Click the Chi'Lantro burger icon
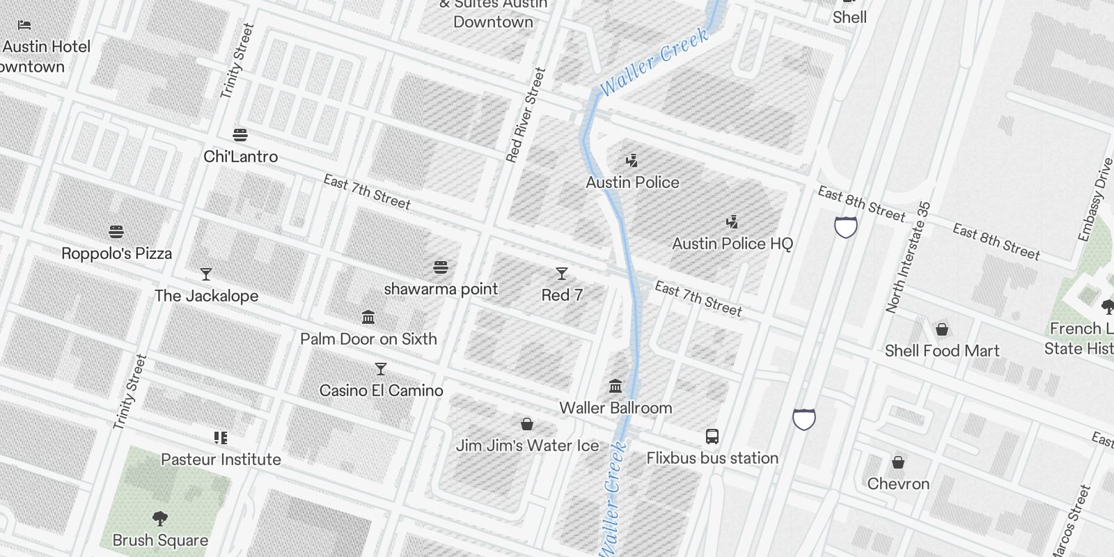tap(240, 134)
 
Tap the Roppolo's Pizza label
tap(117, 253)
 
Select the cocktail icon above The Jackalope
tap(206, 274)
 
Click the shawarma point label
tap(441, 289)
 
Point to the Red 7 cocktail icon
tap(562, 274)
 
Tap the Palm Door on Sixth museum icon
tap(368, 318)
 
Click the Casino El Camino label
tap(381, 391)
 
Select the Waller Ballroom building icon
tap(615, 386)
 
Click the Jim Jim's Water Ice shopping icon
tap(527, 424)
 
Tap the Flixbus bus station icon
tap(712, 437)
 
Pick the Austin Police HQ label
tap(732, 244)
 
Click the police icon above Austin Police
tap(631, 162)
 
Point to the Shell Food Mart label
tap(942, 351)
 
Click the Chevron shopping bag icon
tap(898, 462)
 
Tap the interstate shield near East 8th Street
tap(846, 227)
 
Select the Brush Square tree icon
tap(160, 519)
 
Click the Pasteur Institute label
tap(221, 460)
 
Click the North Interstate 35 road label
tap(908, 258)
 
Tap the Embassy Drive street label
tap(1095, 200)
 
